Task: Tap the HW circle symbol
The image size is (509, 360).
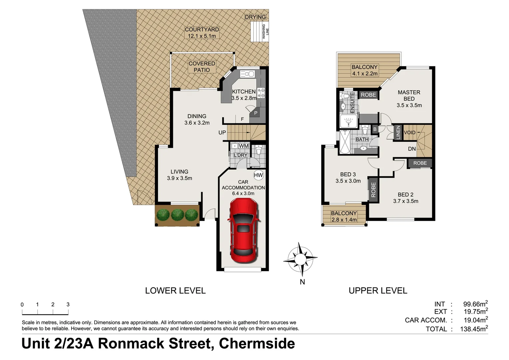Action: click(x=258, y=175)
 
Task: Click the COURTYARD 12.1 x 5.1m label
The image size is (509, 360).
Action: click(x=202, y=33)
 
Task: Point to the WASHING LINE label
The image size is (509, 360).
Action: click(x=265, y=32)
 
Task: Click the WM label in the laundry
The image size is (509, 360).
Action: click(x=244, y=146)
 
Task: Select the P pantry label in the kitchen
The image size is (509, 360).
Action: click(x=255, y=113)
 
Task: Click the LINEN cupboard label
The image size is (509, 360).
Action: click(x=398, y=132)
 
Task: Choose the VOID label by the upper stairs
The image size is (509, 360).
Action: click(x=409, y=132)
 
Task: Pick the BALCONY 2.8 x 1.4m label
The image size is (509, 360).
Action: click(x=344, y=216)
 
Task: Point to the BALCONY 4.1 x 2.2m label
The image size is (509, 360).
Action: click(x=364, y=70)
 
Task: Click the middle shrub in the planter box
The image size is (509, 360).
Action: click(x=178, y=215)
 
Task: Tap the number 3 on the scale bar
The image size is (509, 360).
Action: click(x=68, y=304)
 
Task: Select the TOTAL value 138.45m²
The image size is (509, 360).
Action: click(x=475, y=329)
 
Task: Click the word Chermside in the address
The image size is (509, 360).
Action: click(x=257, y=344)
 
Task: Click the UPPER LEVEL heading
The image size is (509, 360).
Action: click(x=378, y=291)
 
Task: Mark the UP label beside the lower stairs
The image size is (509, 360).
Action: click(x=222, y=132)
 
